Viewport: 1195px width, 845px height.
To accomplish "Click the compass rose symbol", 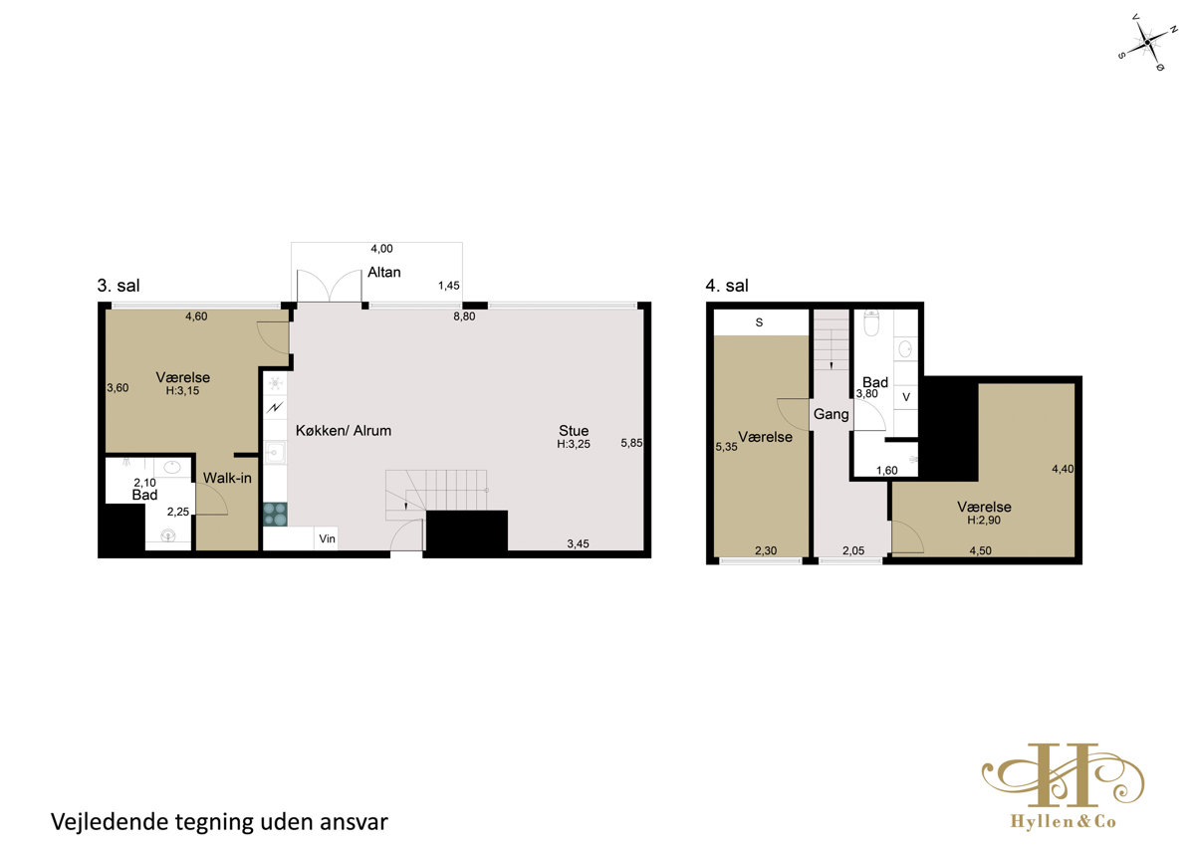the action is (x=1147, y=43).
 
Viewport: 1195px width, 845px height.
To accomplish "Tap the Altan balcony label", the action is (x=383, y=273).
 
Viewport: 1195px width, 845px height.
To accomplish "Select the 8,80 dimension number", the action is (x=464, y=317).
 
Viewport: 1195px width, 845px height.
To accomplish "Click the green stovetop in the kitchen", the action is (x=275, y=515).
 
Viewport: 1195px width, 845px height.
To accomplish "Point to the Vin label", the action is (x=327, y=538).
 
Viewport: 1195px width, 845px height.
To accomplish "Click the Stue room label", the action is (x=574, y=430).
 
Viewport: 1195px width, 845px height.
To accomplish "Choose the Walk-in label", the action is (x=227, y=478).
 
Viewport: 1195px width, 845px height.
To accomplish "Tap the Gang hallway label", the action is (x=831, y=414).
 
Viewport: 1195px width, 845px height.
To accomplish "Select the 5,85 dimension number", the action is (x=631, y=443).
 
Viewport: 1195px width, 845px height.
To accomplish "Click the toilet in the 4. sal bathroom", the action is (x=871, y=322).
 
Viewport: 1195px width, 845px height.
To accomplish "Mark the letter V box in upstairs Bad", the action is (x=906, y=397).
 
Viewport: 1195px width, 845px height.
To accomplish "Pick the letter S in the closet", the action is (x=759, y=322).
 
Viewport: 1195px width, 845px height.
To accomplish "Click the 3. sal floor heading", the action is (x=119, y=286).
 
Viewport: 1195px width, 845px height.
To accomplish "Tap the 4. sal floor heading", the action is (x=727, y=286).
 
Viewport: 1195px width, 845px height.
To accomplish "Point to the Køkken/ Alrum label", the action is (x=343, y=430).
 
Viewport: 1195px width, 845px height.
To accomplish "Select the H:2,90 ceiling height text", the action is (x=984, y=521).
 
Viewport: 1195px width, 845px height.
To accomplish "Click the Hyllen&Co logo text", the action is (x=1064, y=821).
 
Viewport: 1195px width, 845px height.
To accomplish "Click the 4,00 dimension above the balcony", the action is (x=381, y=249).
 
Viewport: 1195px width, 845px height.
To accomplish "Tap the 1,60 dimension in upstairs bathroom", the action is (x=886, y=470).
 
